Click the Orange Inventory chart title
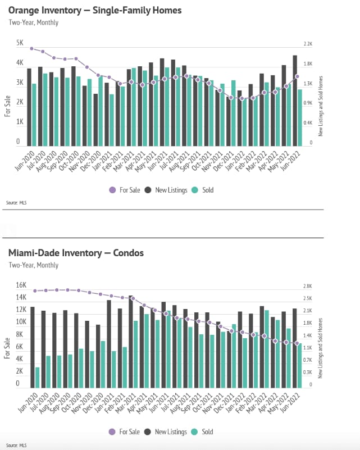[94, 11]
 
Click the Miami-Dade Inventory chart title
[76, 253]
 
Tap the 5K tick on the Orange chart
[20, 43]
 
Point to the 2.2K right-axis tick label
[307, 44]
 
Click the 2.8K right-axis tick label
[307, 286]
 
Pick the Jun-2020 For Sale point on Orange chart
[32, 49]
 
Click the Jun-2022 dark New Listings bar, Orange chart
[295, 100]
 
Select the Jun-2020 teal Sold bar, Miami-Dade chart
[37, 377]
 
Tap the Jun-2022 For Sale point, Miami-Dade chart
[297, 343]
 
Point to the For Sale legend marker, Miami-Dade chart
[112, 432]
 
